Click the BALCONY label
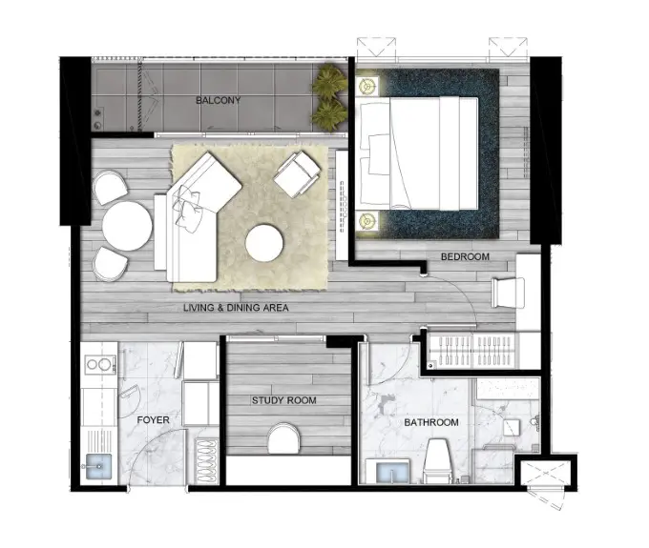click(x=218, y=100)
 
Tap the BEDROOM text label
click(x=465, y=256)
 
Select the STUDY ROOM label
click(x=284, y=400)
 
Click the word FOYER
click(x=153, y=420)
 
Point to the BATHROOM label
click(x=431, y=422)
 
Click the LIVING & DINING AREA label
click(x=236, y=308)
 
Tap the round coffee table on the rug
click(x=264, y=243)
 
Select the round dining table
click(x=127, y=225)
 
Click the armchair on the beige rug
click(x=297, y=173)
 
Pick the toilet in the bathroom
click(x=437, y=461)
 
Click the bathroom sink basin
click(x=392, y=472)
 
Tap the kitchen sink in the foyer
click(x=98, y=466)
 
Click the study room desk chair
click(x=283, y=438)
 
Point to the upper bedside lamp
click(x=366, y=86)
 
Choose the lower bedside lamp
click(x=366, y=221)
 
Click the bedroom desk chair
click(x=508, y=293)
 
